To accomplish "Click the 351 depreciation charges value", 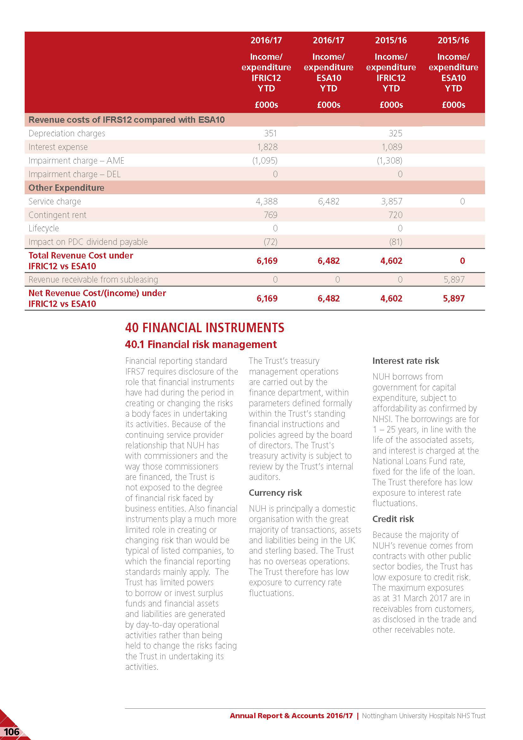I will pos(271,134).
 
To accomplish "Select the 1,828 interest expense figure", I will pos(267,147).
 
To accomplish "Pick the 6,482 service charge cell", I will pos(329,202).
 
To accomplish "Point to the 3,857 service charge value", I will pos(391,202).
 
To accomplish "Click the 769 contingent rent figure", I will pos(271,215).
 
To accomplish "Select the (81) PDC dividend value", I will pos(396,242).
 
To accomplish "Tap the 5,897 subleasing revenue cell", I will pos(454,279).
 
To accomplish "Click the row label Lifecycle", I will pos(44,228).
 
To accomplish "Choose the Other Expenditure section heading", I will pos(66,188).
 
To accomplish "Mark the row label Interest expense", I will pos(58,147).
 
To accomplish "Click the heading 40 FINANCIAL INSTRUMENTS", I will pos(205,328).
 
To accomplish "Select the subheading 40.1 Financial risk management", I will pos(201,345).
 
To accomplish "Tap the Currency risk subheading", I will pos(275,493).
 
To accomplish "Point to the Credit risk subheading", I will pos(393,519).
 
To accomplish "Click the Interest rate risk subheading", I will pos(406,361).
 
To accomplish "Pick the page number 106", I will pos(12,732).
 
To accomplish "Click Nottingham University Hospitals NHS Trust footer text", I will pos(423,716).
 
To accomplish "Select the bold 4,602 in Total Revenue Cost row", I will pos(391,261).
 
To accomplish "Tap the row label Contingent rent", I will pos(57,215).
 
